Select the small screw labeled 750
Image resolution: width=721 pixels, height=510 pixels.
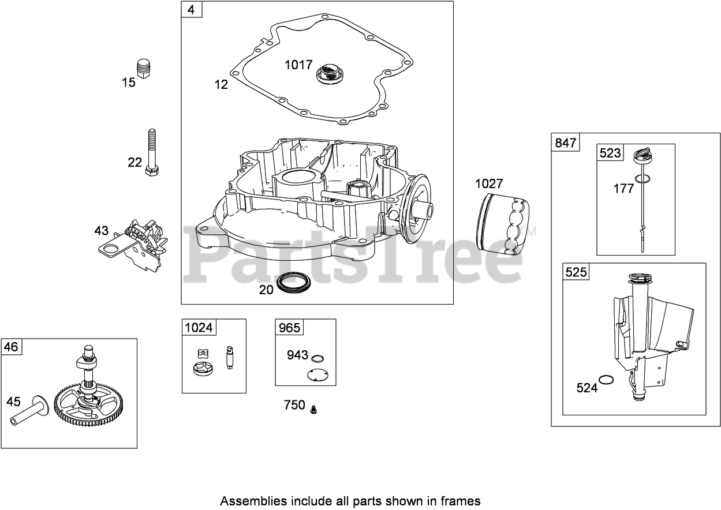313,408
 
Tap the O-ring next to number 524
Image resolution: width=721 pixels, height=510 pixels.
606,379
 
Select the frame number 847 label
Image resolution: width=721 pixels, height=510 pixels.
565,143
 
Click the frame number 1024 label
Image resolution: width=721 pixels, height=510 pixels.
198,328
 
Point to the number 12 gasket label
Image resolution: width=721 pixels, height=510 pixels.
221,84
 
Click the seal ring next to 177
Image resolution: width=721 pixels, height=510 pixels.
642,178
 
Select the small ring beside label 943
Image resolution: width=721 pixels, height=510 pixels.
316,358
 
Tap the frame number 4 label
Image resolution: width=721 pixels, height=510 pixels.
191,10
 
